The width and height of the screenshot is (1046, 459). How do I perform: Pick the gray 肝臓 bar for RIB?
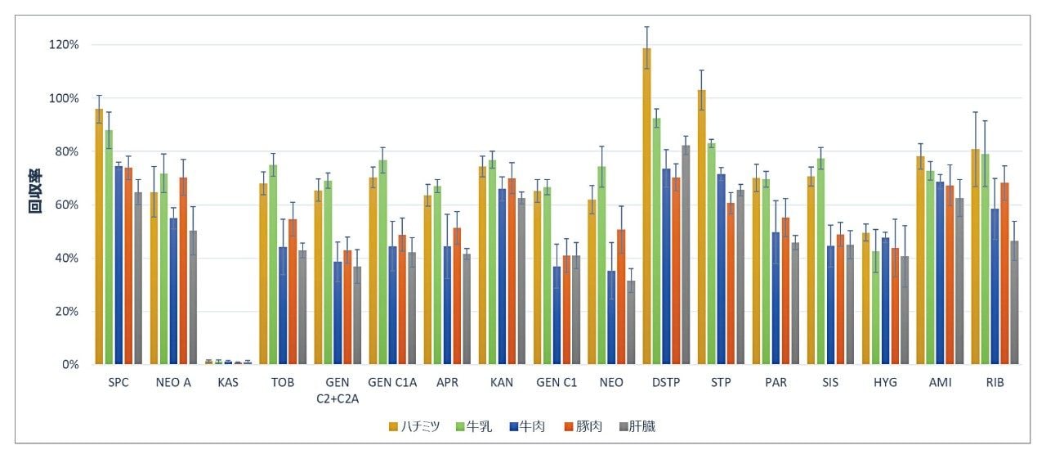pyautogui.click(x=1014, y=303)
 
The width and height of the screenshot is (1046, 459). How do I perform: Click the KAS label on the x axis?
pyautogui.click(x=228, y=383)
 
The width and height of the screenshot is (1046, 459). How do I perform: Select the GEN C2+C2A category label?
pyautogui.click(x=337, y=390)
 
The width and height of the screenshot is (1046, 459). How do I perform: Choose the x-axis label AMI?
pyautogui.click(x=940, y=383)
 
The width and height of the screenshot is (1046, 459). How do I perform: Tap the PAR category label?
pyautogui.click(x=775, y=383)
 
